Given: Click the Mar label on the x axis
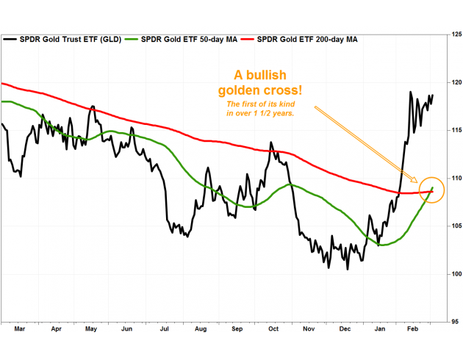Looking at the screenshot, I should (20, 331).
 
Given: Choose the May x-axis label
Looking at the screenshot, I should (91, 331).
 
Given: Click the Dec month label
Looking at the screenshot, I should (345, 331).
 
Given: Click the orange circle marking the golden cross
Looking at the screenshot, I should (432, 190).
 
